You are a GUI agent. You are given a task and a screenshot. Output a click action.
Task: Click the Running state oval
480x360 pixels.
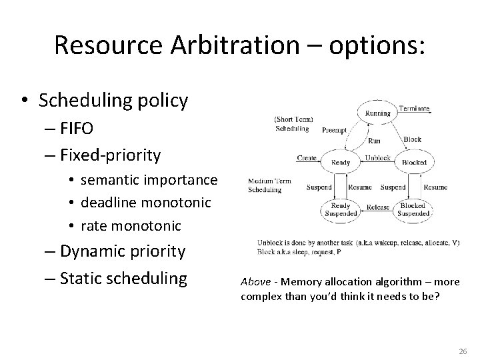click(x=377, y=113)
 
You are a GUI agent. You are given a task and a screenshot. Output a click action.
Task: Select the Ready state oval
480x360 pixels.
click(x=341, y=161)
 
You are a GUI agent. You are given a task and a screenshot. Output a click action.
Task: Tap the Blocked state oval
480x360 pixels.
click(x=414, y=161)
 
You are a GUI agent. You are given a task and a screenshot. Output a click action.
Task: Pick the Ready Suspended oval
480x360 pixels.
click(x=341, y=210)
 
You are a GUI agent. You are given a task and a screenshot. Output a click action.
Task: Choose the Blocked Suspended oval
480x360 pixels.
click(x=413, y=210)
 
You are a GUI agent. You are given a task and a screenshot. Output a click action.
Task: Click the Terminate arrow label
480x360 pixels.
click(x=414, y=108)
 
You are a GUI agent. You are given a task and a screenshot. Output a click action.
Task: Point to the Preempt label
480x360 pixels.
click(x=334, y=131)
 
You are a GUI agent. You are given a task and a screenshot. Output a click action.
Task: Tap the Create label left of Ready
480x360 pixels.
click(x=307, y=157)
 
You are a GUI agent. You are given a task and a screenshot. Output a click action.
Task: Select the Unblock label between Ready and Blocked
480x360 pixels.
click(x=377, y=158)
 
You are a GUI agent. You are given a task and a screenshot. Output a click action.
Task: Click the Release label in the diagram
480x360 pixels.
click(x=377, y=207)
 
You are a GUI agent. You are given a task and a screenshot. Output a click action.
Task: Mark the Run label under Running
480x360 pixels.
click(x=374, y=141)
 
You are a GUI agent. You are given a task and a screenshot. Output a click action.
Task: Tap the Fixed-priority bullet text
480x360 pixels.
click(x=110, y=155)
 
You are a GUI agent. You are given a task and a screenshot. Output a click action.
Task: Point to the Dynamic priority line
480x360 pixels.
click(x=122, y=251)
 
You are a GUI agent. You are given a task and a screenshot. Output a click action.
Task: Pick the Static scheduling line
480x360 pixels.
click(x=123, y=277)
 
